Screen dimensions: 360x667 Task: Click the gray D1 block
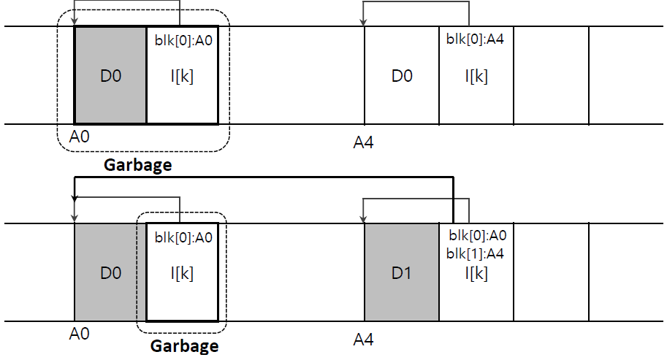click(x=402, y=273)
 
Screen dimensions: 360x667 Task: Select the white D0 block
click(x=402, y=76)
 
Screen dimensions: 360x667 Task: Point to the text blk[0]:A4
click(x=475, y=39)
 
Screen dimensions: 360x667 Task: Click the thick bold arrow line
click(x=263, y=177)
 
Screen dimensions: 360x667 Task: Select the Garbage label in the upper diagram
click(x=137, y=164)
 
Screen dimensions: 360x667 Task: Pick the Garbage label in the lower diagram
click(x=184, y=345)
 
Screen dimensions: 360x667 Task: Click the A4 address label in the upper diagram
click(x=363, y=142)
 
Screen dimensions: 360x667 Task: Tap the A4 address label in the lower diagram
click(x=363, y=339)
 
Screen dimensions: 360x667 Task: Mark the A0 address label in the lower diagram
click(x=80, y=334)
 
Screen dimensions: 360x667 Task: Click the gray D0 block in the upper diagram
click(x=110, y=76)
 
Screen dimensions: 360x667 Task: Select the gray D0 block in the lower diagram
click(x=110, y=273)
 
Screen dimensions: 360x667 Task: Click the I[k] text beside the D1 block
click(x=476, y=273)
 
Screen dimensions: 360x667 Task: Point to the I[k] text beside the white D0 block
click(x=476, y=76)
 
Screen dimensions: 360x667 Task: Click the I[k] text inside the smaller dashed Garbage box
click(x=182, y=273)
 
